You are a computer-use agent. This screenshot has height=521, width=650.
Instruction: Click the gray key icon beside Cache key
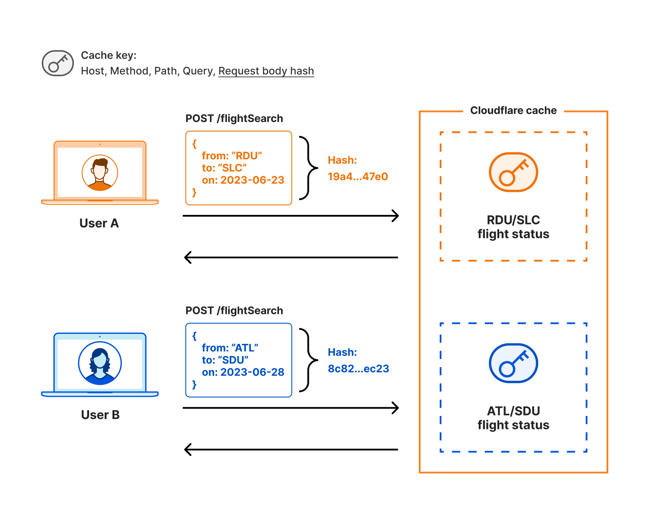pyautogui.click(x=58, y=63)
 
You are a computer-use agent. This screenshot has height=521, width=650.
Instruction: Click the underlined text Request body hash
pyautogui.click(x=266, y=71)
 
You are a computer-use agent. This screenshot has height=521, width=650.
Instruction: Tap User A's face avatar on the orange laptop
pyautogui.click(x=100, y=172)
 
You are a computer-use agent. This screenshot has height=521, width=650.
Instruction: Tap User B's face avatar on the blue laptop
pyautogui.click(x=100, y=363)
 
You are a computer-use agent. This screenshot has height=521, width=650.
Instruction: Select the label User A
pyautogui.click(x=99, y=223)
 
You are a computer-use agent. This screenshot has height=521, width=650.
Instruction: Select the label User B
pyautogui.click(x=100, y=415)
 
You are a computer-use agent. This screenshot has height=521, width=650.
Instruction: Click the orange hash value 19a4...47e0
pyautogui.click(x=358, y=177)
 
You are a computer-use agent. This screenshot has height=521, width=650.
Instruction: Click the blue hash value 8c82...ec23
pyautogui.click(x=358, y=369)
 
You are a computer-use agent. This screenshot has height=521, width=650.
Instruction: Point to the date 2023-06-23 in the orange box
pyautogui.click(x=252, y=180)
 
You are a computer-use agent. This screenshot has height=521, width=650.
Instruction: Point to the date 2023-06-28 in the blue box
pyautogui.click(x=252, y=372)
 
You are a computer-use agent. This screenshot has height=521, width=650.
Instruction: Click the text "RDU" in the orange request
pyautogui.click(x=246, y=156)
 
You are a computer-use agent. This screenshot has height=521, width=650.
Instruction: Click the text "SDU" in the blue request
pyautogui.click(x=233, y=360)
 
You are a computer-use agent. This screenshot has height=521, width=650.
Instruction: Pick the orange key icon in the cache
pyautogui.click(x=513, y=172)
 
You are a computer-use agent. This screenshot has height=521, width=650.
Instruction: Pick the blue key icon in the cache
pyautogui.click(x=513, y=363)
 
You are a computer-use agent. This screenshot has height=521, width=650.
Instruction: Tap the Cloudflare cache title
pyautogui.click(x=513, y=111)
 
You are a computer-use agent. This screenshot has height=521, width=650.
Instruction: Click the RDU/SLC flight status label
pyautogui.click(x=513, y=227)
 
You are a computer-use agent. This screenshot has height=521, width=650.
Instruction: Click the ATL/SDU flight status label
pyautogui.click(x=513, y=418)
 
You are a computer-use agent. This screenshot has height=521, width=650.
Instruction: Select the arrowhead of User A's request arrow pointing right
pyautogui.click(x=396, y=216)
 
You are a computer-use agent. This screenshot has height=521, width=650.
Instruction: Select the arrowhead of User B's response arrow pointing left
pyautogui.click(x=188, y=449)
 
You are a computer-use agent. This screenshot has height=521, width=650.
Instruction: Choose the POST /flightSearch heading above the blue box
pyautogui.click(x=234, y=311)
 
